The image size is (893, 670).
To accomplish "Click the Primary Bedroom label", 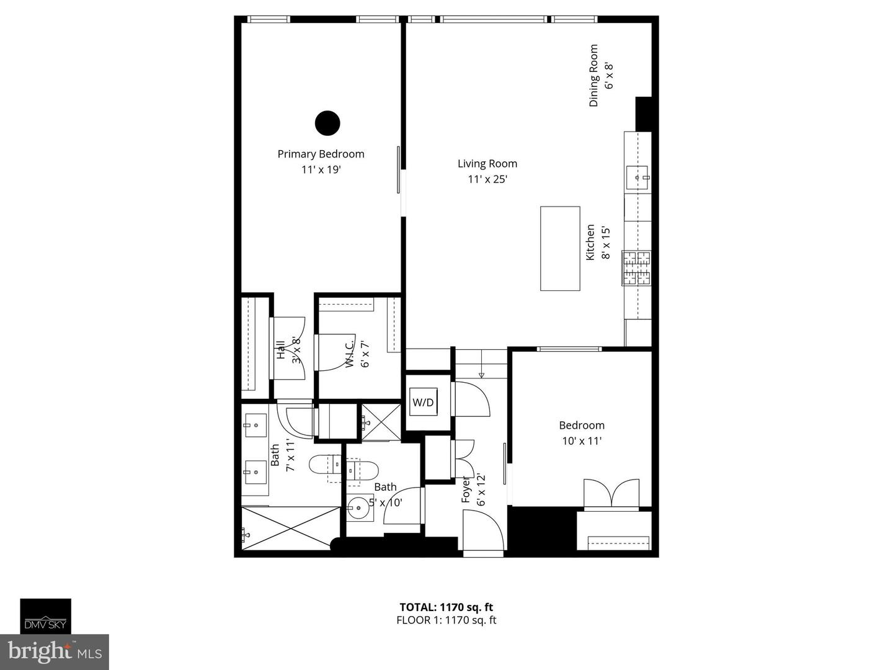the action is (x=321, y=154).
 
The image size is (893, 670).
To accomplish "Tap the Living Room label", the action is (x=487, y=164).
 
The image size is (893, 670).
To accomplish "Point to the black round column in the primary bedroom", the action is (x=327, y=123).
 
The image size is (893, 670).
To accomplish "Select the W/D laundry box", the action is (x=423, y=403).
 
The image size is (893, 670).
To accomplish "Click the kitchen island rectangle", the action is (x=560, y=249).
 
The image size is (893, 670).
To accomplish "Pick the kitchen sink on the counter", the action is (x=638, y=177).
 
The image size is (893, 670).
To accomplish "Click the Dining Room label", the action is (x=593, y=76).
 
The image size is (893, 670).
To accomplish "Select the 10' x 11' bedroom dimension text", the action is (x=582, y=441).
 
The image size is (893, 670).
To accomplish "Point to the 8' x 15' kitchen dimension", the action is (x=606, y=243).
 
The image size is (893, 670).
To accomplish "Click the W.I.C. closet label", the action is (x=350, y=354).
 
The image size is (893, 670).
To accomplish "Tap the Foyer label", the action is (x=466, y=490).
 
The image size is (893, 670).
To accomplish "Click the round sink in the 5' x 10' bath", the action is (x=358, y=507).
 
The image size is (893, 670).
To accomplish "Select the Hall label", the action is (x=281, y=350).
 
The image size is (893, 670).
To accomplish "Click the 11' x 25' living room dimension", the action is (x=487, y=179).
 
